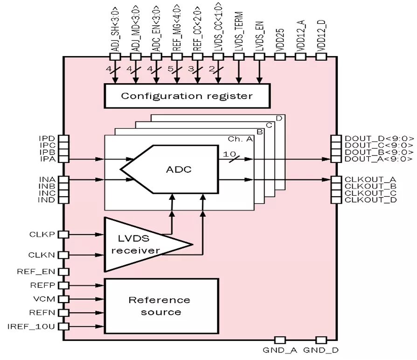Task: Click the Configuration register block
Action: tap(187, 96)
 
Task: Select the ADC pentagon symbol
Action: tap(170, 169)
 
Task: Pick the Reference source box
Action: tap(161, 306)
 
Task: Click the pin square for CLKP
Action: tap(63, 234)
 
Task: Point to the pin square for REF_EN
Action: tap(63, 272)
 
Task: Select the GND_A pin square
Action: tap(280, 340)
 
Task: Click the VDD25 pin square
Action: tap(280, 56)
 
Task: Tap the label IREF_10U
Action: tap(31, 326)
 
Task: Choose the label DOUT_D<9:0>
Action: tap(379, 139)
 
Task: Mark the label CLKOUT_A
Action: tap(370, 179)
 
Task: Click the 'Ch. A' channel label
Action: tap(240, 139)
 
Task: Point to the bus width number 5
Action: tap(170, 69)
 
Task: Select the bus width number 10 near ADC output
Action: tap(229, 154)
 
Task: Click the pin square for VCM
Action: tap(63, 299)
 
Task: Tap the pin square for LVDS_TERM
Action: tap(238, 56)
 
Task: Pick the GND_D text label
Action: tap(321, 350)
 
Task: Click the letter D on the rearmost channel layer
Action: tap(279, 118)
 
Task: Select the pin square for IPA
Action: tap(63, 159)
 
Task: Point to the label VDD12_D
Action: tap(321, 35)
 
